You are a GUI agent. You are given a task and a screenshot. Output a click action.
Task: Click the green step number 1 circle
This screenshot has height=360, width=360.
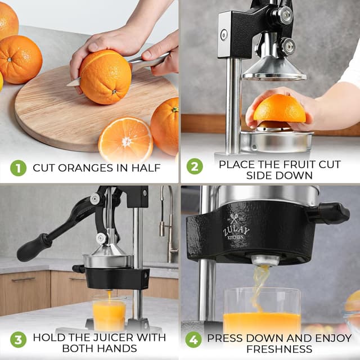(18, 168)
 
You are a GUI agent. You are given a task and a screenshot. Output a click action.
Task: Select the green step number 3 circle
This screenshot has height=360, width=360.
(18, 340)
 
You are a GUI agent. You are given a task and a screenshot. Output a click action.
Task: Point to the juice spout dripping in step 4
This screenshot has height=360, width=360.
(264, 260)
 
